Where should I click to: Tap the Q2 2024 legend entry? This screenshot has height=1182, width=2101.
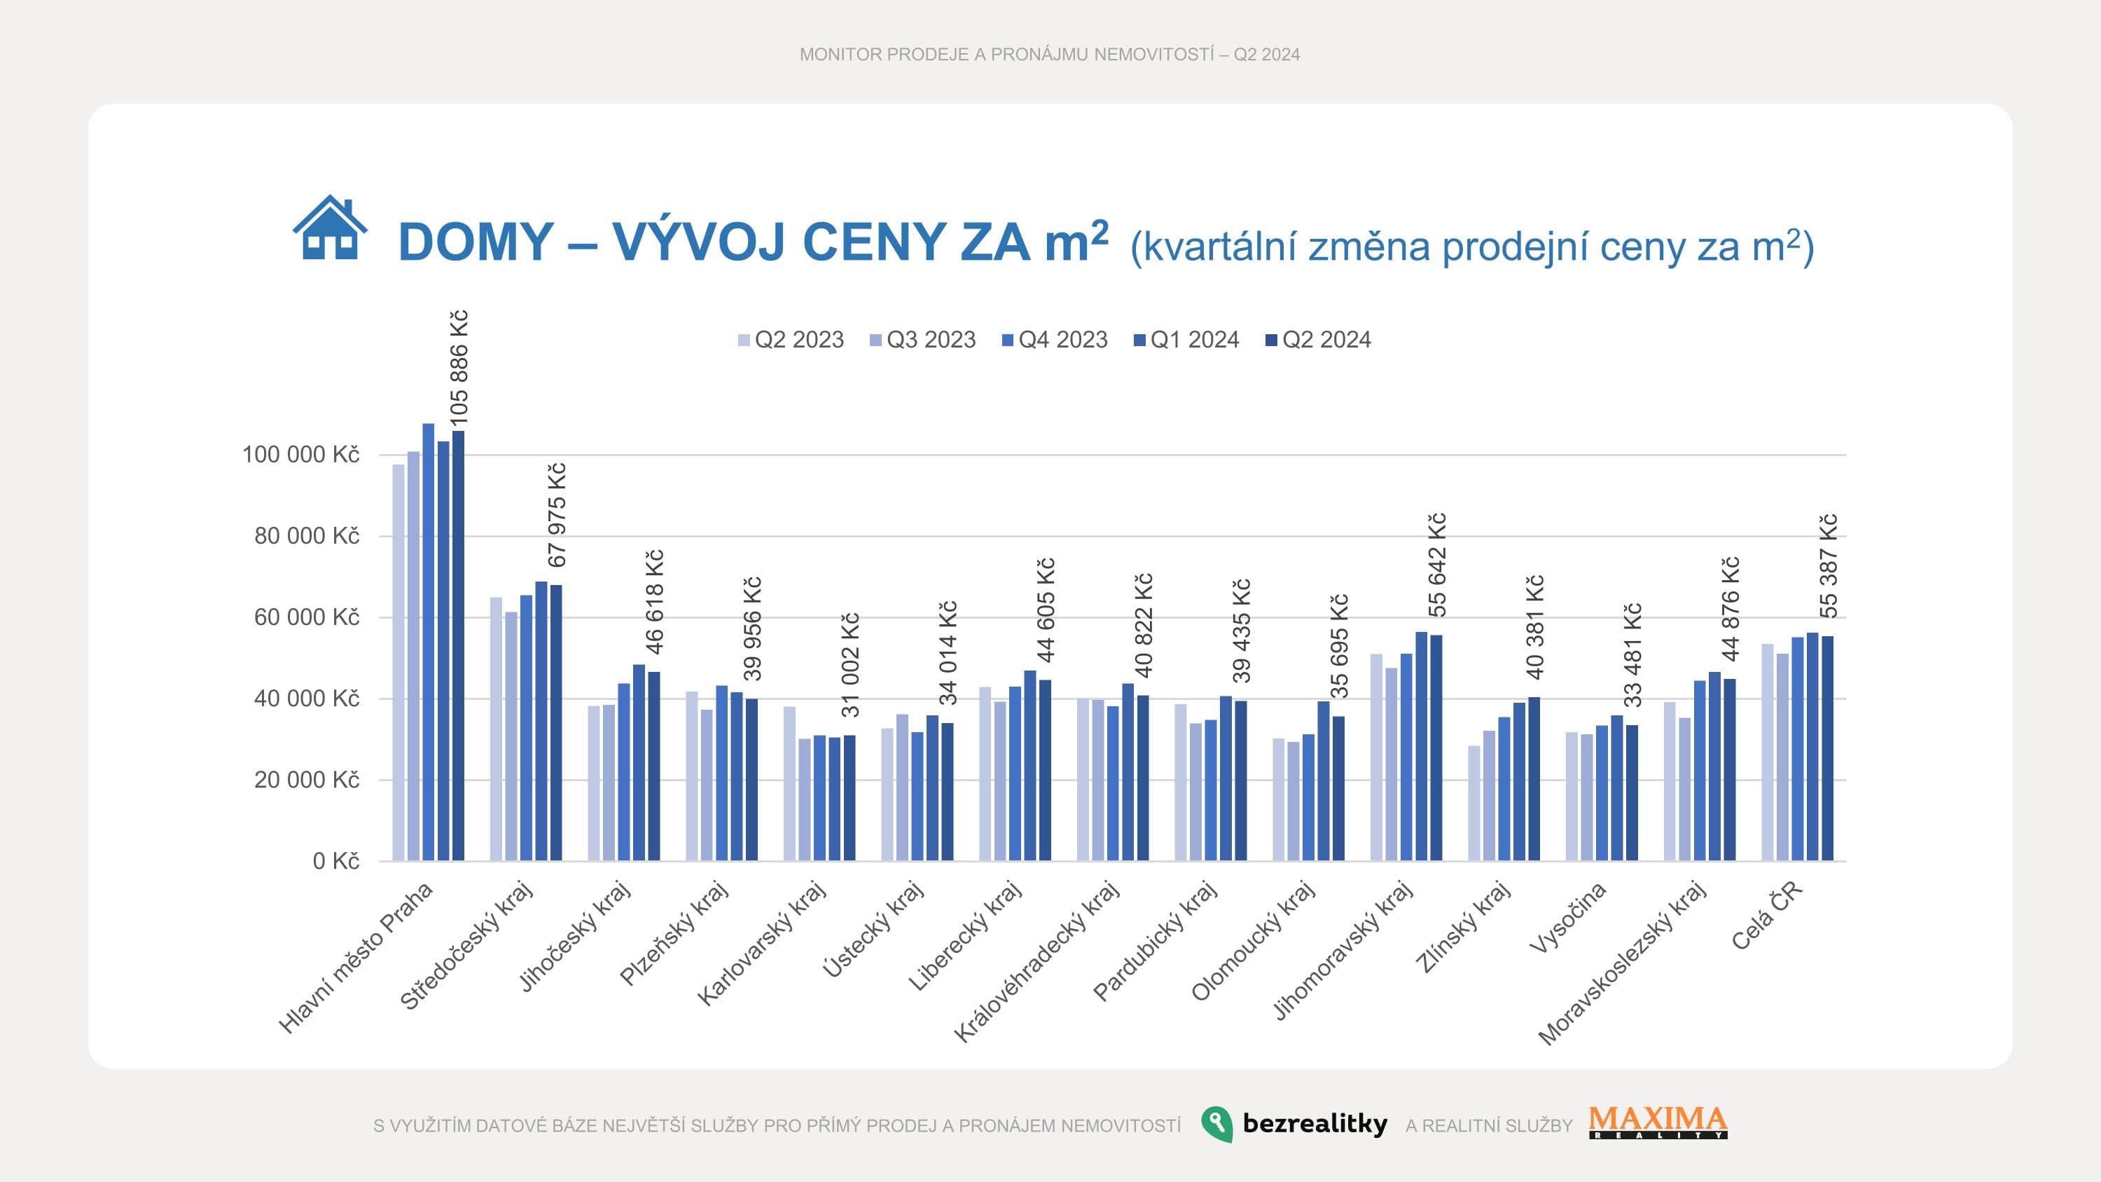click(1318, 339)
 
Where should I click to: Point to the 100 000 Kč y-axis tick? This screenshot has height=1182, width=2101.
click(300, 454)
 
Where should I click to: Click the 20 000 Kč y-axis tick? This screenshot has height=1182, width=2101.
click(306, 780)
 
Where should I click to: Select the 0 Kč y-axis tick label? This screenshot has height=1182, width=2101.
click(335, 860)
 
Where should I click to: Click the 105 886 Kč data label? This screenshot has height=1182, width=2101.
click(459, 368)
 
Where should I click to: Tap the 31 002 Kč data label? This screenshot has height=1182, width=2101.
click(851, 666)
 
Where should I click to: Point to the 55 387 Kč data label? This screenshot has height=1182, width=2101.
click(1829, 566)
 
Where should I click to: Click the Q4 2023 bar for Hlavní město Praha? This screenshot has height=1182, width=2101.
click(428, 642)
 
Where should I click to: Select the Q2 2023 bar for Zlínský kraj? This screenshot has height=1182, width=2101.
click(1474, 803)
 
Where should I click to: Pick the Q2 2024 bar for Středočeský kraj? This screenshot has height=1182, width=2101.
click(556, 723)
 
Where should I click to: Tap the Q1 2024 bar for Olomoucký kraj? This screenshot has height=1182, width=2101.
click(1323, 781)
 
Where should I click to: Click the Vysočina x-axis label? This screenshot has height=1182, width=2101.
click(1567, 917)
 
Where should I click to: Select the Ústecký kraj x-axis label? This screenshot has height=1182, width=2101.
click(872, 929)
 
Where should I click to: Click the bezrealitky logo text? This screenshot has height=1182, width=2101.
click(1314, 1123)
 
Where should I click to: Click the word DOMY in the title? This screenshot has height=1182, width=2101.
click(476, 242)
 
